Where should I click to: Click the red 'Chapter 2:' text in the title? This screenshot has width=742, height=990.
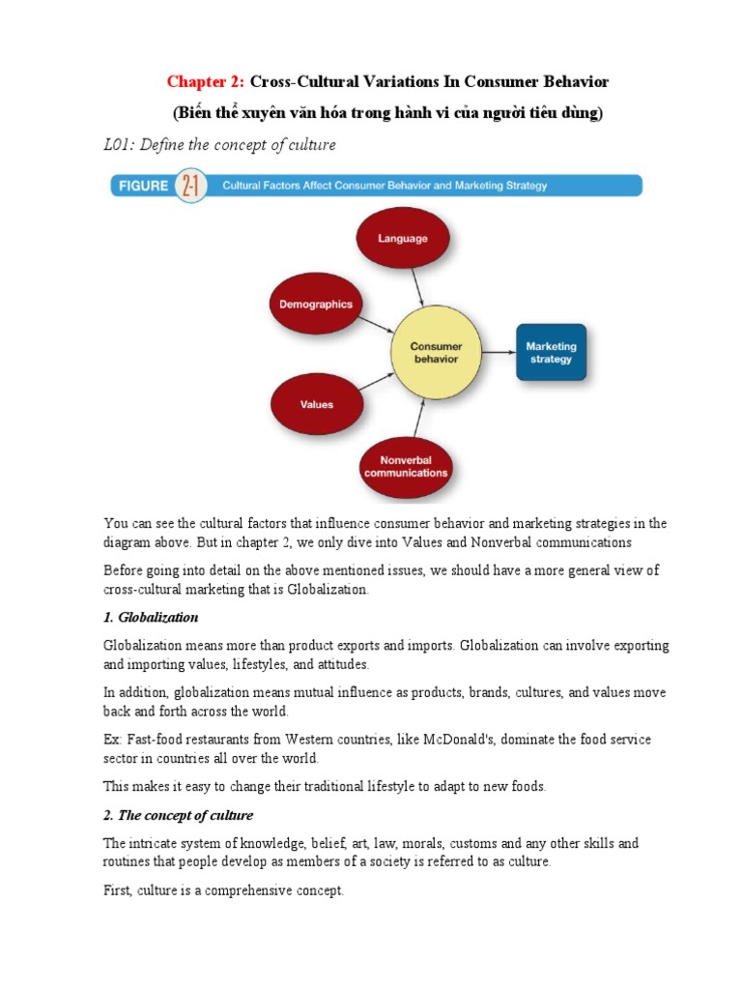pos(207,82)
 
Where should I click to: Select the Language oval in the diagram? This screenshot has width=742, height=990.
pos(403,237)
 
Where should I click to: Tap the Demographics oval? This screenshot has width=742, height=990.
pos(316,304)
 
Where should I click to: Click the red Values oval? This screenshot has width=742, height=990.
pos(316,405)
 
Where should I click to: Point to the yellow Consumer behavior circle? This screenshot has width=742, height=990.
pos(436,353)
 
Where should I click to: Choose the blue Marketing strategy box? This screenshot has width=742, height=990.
pos(550,352)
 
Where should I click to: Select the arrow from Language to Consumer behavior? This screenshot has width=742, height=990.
pos(417,287)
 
